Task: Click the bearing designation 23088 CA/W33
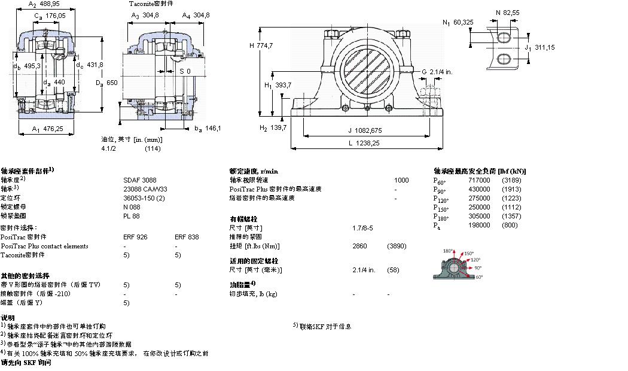pos(146,188)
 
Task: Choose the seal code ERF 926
pos(135,237)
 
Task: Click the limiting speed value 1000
pos(401,180)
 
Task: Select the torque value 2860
pos(360,246)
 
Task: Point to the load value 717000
pos(479,180)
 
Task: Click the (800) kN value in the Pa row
pos(510,225)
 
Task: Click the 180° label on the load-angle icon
pos(447,251)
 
